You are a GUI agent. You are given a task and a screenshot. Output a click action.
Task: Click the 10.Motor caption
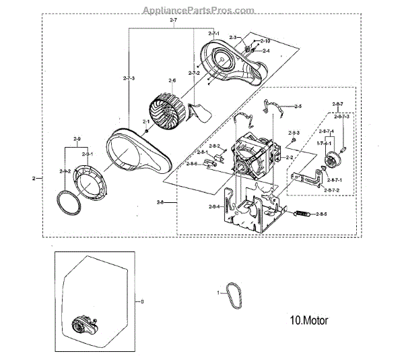click(309, 320)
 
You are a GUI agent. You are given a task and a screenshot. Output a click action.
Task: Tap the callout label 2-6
click(172, 81)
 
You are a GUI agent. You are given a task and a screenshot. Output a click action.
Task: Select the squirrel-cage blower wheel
click(166, 111)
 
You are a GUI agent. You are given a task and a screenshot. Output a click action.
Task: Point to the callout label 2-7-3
click(129, 80)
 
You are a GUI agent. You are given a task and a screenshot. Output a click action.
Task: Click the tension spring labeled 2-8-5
click(304, 214)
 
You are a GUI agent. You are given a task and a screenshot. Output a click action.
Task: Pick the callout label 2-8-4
click(213, 206)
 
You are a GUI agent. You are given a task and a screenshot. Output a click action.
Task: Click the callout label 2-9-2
click(65, 171)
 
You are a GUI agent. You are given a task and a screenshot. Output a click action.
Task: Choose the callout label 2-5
click(298, 107)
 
